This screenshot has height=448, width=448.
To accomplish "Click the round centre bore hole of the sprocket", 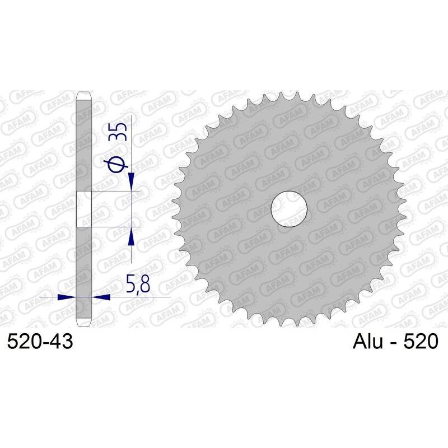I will [289, 209].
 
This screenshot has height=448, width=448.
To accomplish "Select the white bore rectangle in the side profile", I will [83, 209].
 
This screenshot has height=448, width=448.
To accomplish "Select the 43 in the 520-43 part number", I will [61, 342].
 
